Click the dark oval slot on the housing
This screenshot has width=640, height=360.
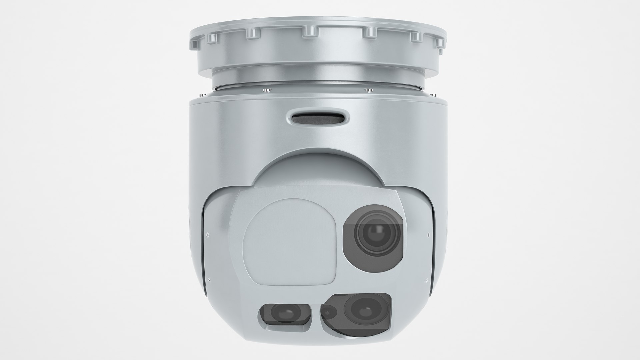coord(319,118)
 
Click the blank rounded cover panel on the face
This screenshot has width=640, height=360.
coord(289,238)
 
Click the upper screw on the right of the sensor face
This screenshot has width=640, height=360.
coord(428,235)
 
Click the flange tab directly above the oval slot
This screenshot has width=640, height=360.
coord(310,32)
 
